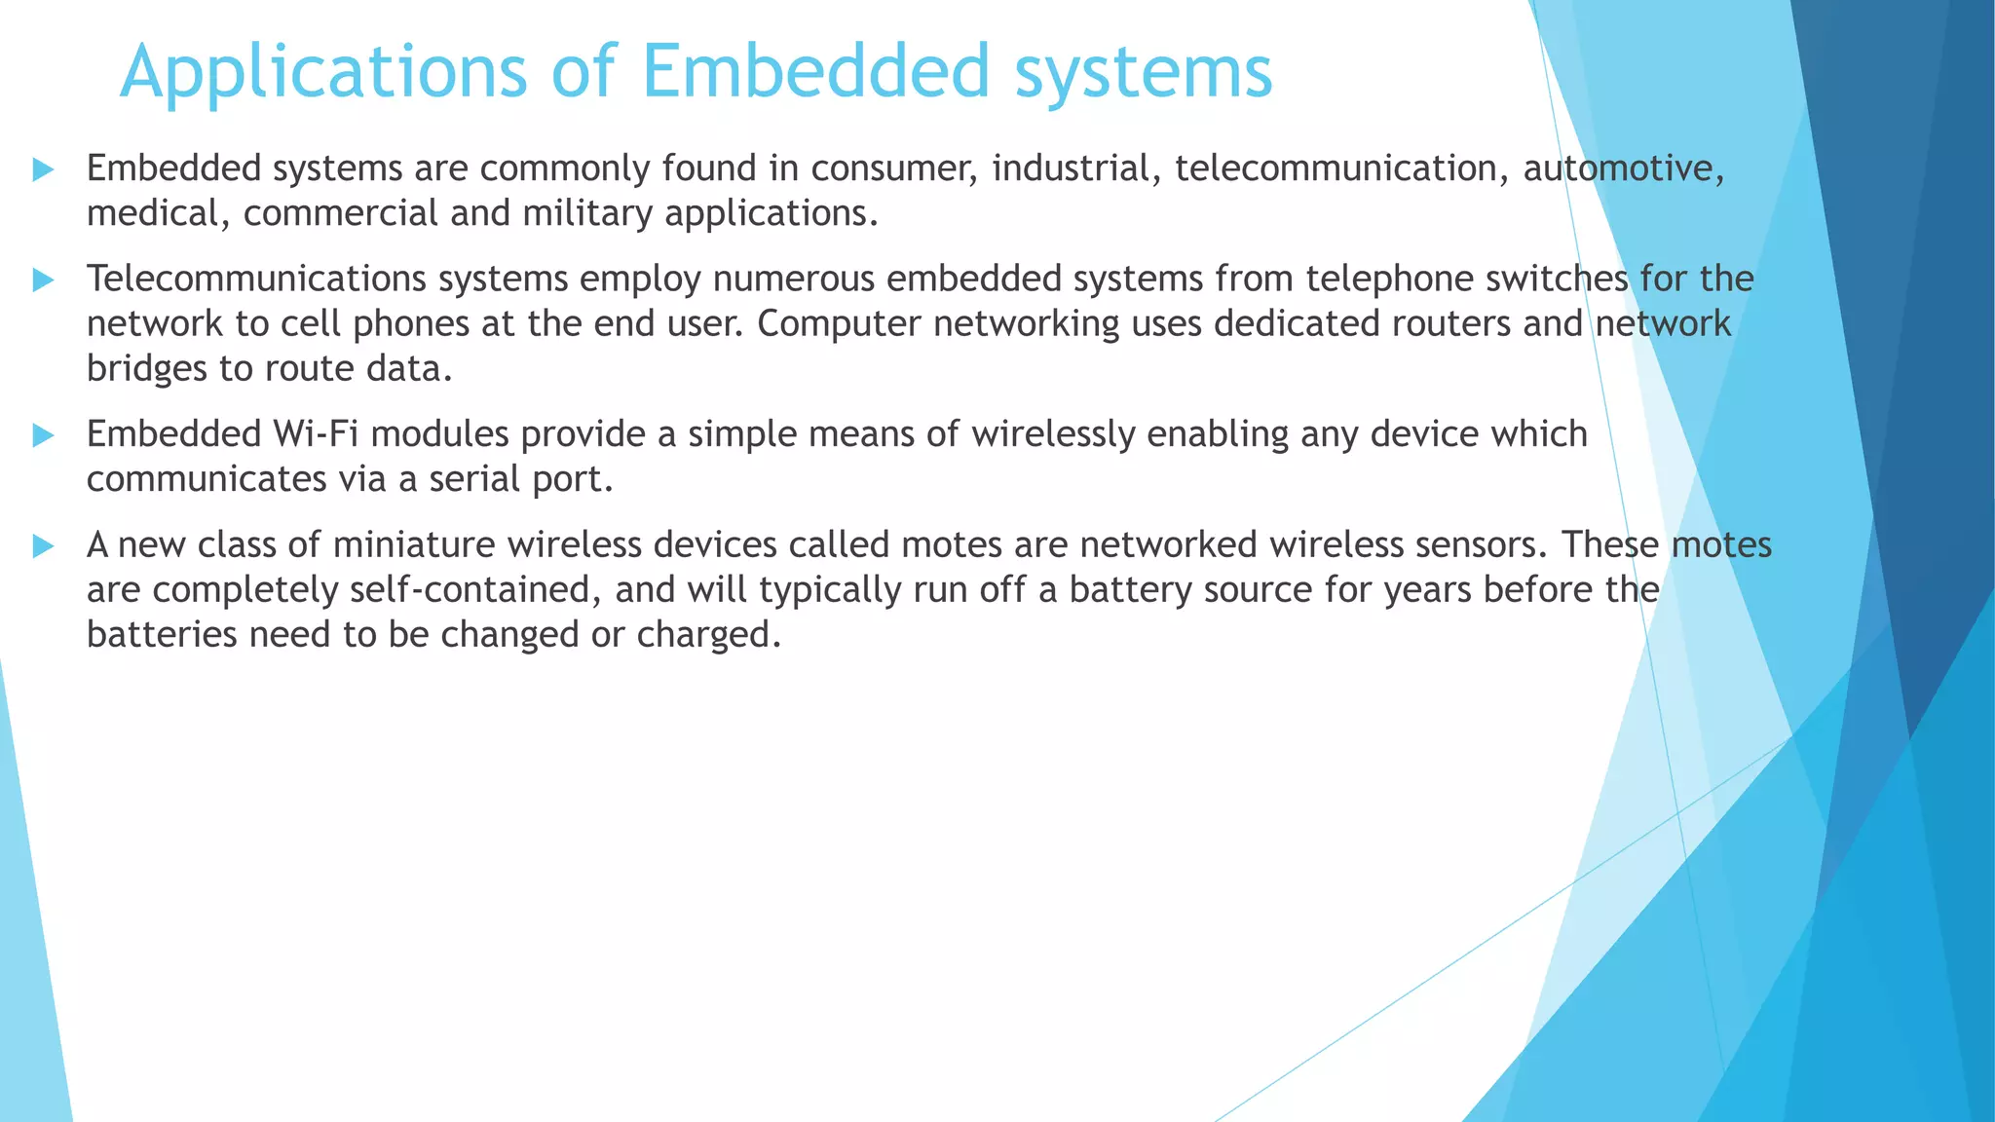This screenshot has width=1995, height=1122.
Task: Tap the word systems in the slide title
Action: coord(1144,72)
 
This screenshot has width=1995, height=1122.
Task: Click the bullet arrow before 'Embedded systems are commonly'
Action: coord(43,170)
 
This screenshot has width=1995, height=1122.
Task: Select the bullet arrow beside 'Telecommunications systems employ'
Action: coord(43,280)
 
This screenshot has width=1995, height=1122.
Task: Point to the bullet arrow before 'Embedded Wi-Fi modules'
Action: coord(43,435)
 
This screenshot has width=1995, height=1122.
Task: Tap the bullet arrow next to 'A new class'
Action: coord(43,545)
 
